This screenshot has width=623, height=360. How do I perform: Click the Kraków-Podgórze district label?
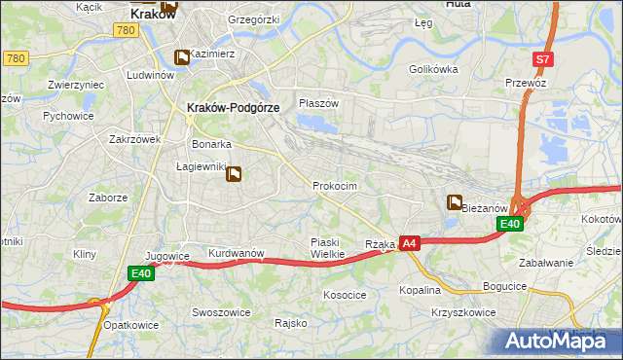(233, 107)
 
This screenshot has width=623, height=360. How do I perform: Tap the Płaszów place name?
(318, 103)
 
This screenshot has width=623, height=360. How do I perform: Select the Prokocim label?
(335, 185)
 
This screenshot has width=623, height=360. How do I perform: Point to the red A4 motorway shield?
(410, 244)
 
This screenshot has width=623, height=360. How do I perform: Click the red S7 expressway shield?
(543, 59)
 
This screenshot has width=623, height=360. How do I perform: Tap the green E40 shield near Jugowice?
(142, 274)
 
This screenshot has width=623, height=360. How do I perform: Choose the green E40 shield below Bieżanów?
(510, 225)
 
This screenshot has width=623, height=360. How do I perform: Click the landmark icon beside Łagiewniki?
(235, 175)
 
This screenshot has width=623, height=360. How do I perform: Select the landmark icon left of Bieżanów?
(455, 202)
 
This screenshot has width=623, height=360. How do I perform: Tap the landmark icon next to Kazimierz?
(181, 58)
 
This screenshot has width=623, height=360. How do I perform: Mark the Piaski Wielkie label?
(327, 248)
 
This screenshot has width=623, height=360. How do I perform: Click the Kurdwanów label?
(237, 253)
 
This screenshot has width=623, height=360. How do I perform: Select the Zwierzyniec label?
(76, 85)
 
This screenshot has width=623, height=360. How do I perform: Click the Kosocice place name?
(345, 294)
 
